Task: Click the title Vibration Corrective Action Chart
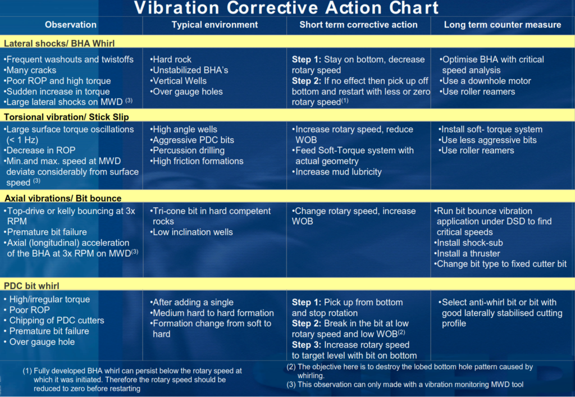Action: click(x=286, y=8)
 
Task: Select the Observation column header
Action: click(x=71, y=25)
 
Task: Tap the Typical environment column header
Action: click(x=215, y=25)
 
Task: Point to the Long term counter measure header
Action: click(x=503, y=25)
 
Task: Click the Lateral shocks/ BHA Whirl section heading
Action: click(x=59, y=43)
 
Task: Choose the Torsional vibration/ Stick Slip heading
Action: click(x=66, y=117)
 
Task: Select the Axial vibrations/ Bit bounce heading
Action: click(x=63, y=198)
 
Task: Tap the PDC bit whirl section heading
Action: click(x=31, y=286)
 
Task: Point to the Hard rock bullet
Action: click(x=171, y=60)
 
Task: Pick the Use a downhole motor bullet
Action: click(x=485, y=81)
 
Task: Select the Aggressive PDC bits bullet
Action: click(x=192, y=140)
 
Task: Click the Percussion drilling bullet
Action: click(x=187, y=150)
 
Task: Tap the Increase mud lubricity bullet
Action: click(x=337, y=172)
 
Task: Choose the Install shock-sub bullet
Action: click(x=468, y=243)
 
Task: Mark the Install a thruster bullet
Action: click(x=467, y=253)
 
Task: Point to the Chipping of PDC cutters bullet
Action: click(x=54, y=321)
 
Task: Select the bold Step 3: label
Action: click(x=306, y=345)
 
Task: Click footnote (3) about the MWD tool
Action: click(x=405, y=385)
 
